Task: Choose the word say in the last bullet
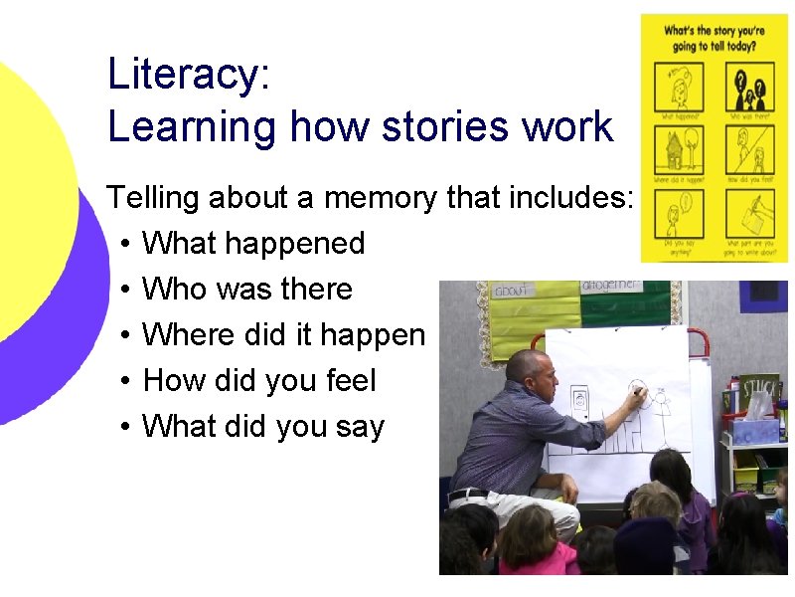tap(360, 427)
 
